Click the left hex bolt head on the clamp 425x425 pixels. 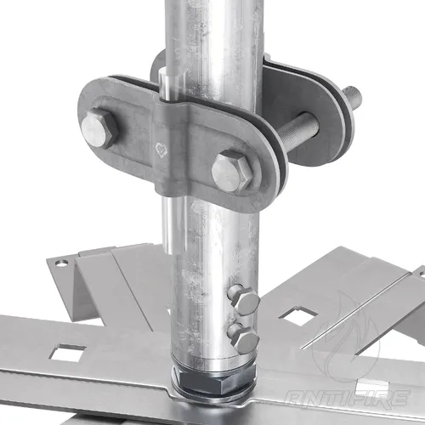pos(99,128)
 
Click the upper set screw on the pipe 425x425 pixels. pos(243,298)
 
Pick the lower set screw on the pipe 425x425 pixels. pos(243,337)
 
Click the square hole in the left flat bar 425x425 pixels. pos(67,353)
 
